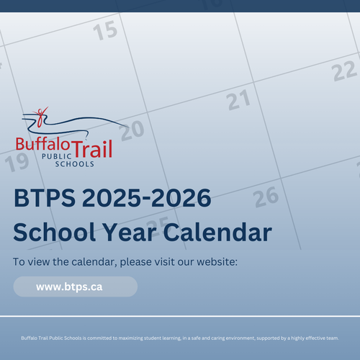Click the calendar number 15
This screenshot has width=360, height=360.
coord(105,30)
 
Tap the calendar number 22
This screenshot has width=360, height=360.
coord(344,71)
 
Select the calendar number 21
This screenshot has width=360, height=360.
coord(239,100)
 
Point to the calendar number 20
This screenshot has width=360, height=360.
coord(132,130)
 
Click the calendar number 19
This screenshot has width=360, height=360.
coord(17,163)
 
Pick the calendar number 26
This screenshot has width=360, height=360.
coord(266,197)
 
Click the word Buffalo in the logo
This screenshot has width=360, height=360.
coord(42,144)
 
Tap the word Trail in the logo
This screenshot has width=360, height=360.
coord(92,149)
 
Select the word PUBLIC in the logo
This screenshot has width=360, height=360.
coord(57,156)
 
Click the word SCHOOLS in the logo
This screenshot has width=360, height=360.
coord(75,164)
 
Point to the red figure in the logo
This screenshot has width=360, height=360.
coord(41,117)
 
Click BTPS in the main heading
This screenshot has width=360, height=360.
coord(45,198)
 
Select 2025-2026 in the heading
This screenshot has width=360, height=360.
coord(147,198)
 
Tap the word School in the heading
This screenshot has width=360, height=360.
coord(55,232)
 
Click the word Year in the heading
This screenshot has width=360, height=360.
coord(130,232)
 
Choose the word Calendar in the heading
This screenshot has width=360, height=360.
coord(217,232)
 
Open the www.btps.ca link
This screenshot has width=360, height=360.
coord(69,287)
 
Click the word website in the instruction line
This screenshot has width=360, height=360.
coord(217,262)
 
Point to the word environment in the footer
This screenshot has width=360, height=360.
coord(240,338)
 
